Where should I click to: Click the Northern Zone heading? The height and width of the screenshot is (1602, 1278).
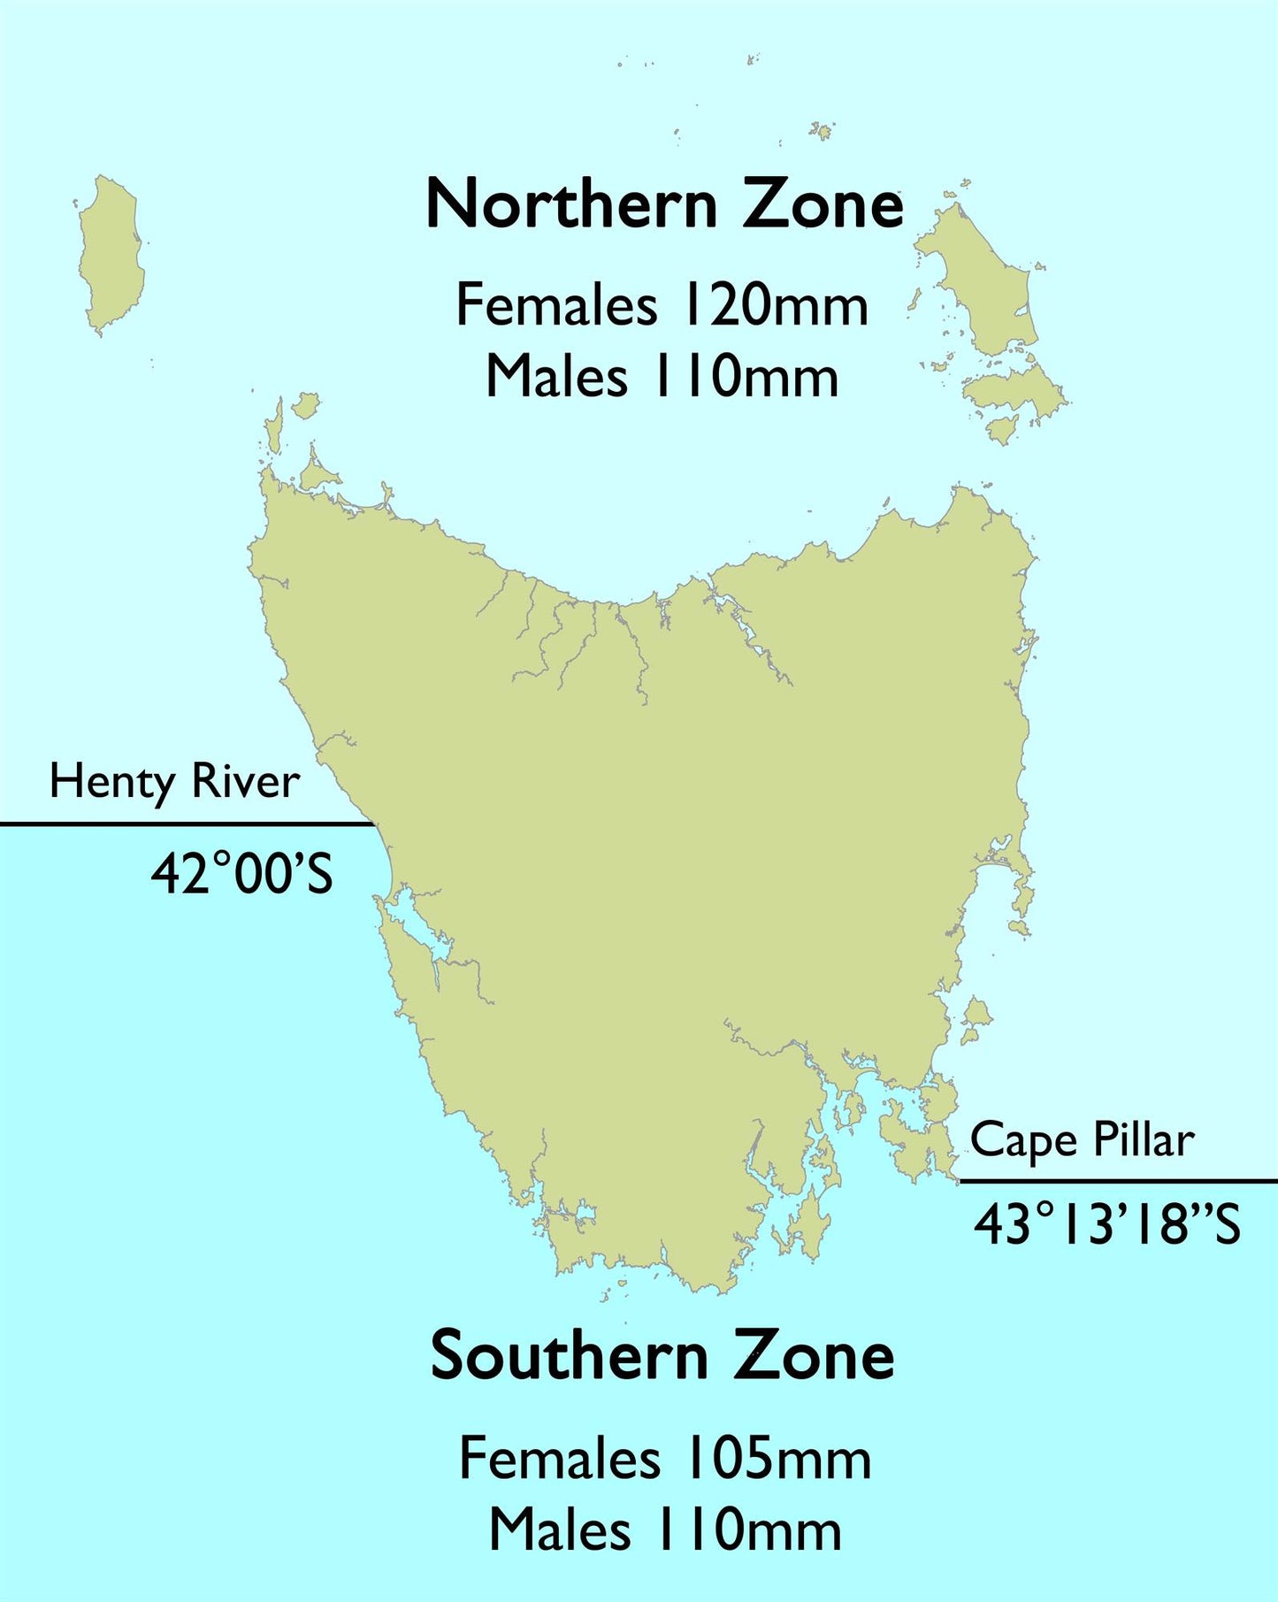[x=664, y=204]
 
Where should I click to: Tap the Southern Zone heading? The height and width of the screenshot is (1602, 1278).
[x=662, y=1356]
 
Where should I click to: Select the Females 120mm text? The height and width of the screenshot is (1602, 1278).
[x=662, y=305]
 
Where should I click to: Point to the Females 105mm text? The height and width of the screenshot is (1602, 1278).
[x=665, y=1459]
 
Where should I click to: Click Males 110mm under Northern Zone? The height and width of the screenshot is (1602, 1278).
[x=662, y=377]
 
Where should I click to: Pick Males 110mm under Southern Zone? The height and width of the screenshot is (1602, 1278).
[x=665, y=1530]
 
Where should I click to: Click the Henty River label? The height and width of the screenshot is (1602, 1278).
[x=174, y=783]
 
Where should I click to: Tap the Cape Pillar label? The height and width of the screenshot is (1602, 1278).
[x=1082, y=1140]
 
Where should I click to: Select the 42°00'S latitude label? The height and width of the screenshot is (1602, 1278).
[x=241, y=874]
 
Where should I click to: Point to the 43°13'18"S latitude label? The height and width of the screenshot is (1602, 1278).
[x=1107, y=1225]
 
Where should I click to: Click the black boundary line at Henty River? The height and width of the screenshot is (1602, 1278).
[x=186, y=824]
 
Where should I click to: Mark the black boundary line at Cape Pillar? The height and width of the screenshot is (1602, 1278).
[x=1118, y=1181]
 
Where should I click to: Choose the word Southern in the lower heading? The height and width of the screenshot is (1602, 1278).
[x=570, y=1356]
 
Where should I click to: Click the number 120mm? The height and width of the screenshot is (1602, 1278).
[x=774, y=305]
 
